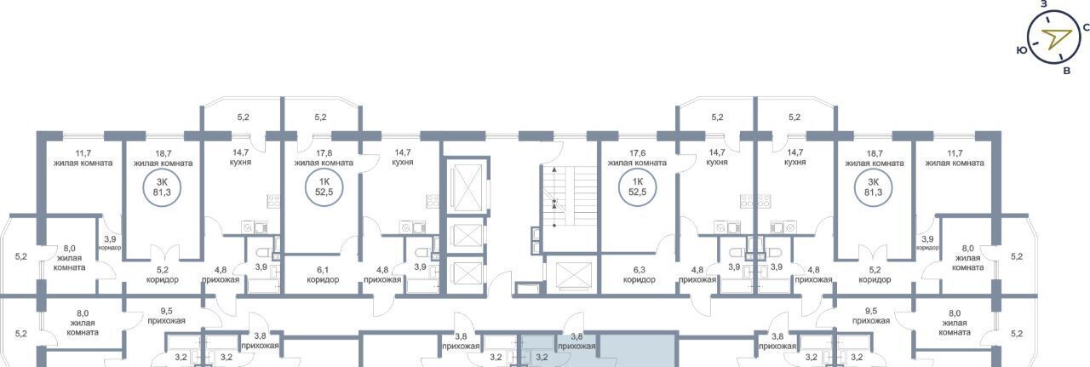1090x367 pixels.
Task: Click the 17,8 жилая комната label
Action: (x=324, y=158)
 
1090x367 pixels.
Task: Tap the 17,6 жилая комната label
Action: (x=637, y=158)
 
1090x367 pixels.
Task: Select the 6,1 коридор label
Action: (x=323, y=274)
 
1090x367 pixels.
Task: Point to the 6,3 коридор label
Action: (x=639, y=274)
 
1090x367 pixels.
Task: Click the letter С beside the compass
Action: (x=1086, y=28)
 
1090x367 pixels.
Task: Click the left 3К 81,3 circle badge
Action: (x=162, y=187)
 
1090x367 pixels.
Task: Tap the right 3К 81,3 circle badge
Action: (x=874, y=187)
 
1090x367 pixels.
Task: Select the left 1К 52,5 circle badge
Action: (x=324, y=187)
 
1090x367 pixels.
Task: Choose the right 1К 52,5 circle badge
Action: (x=637, y=187)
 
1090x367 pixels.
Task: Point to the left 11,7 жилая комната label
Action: (x=83, y=158)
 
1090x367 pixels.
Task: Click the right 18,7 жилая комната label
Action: (x=875, y=158)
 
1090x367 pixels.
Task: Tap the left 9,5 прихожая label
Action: (x=166, y=316)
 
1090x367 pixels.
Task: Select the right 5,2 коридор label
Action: (x=875, y=274)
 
